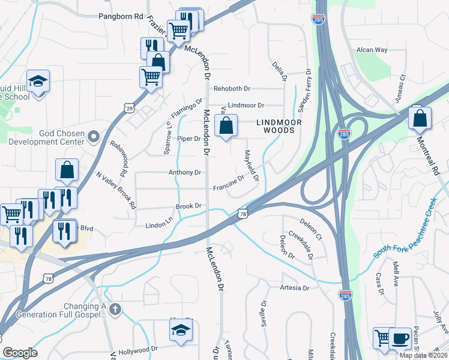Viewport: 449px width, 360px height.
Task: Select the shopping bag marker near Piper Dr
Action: [225, 127]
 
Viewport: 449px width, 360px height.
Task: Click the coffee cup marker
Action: [400, 338]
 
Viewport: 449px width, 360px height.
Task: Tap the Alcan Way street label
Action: [372, 50]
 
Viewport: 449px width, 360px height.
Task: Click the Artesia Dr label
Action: [294, 288]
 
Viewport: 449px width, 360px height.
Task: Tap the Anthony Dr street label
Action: [184, 173]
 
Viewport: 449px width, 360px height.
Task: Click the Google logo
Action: [20, 353]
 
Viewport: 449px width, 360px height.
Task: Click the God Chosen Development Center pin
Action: [93, 137]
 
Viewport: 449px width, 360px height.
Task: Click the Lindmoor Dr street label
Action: [246, 106]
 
